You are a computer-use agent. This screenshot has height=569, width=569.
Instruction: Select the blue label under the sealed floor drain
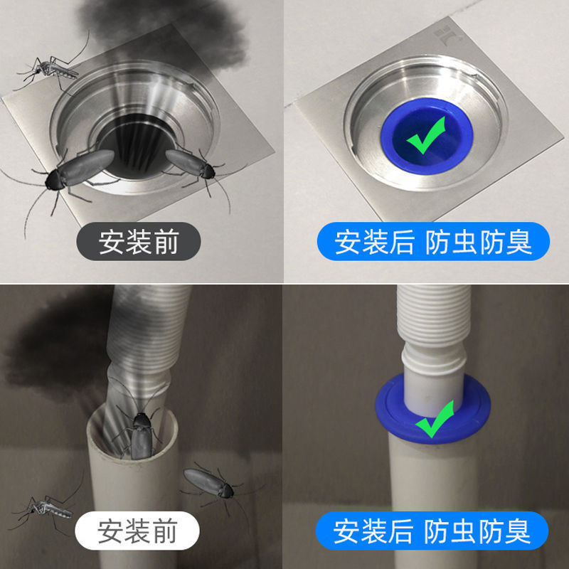point(433,243)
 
